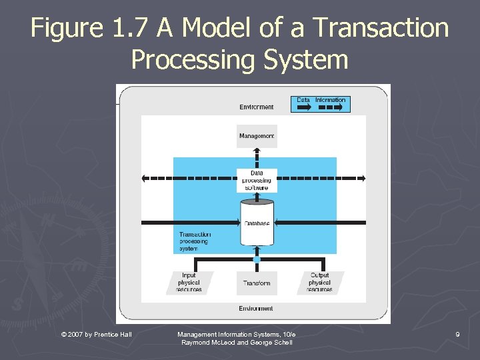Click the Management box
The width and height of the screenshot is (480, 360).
coord(257,136)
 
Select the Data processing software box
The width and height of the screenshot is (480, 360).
coord(257,180)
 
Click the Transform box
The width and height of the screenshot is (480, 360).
coord(257,283)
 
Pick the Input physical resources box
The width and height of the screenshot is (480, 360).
coord(190,283)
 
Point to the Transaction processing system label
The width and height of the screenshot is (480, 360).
coord(195,241)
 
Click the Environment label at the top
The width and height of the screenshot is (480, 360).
coord(257,107)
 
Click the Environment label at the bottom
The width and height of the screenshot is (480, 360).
coord(257,309)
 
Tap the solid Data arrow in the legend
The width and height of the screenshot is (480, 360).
coord(303,107)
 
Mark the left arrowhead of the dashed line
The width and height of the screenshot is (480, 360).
coord(145,178)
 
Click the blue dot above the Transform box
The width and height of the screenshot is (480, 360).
coord(257,259)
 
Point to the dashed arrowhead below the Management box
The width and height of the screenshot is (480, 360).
coord(257,153)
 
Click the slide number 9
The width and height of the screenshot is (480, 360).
coord(458,333)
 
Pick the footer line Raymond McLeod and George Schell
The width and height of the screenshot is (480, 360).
coord(237,342)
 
